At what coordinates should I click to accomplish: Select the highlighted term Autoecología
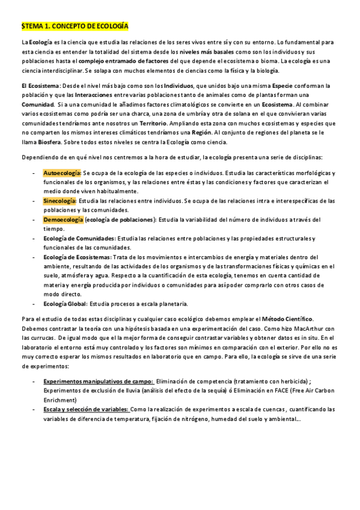pos(61,173)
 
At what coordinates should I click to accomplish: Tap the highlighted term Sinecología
pos(59,200)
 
